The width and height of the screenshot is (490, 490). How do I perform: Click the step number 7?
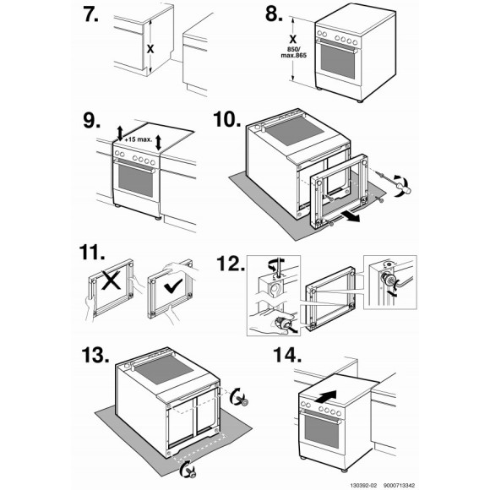(x=90, y=14)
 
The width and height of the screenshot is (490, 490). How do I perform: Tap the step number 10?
(x=227, y=119)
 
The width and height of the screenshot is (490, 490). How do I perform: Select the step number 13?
(x=95, y=355)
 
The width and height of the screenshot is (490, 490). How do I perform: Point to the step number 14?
(x=287, y=355)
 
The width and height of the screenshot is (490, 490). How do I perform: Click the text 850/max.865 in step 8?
(x=293, y=52)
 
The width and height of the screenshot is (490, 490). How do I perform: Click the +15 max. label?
(x=138, y=139)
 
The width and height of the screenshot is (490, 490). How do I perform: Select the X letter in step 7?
(x=150, y=49)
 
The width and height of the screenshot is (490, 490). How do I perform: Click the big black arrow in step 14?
(x=325, y=397)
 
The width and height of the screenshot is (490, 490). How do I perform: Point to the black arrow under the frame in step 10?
(x=350, y=216)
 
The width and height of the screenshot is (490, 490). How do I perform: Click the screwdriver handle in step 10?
(x=405, y=188)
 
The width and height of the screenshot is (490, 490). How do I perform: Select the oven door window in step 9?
(x=136, y=181)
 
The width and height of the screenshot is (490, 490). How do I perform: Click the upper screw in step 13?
(x=242, y=400)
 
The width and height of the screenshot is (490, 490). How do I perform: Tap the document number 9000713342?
(x=400, y=485)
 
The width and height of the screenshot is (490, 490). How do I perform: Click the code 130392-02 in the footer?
(x=363, y=485)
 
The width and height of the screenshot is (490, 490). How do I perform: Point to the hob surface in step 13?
(x=165, y=370)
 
